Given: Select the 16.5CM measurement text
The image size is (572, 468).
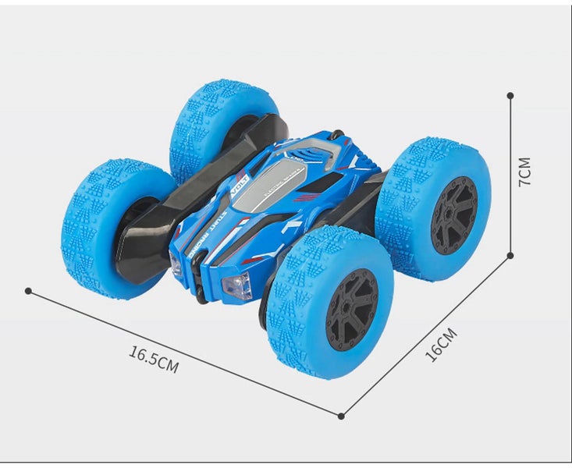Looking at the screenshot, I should (154, 360).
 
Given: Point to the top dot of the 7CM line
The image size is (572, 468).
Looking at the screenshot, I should (510, 95).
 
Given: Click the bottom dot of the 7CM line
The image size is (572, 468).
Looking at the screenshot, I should (510, 254).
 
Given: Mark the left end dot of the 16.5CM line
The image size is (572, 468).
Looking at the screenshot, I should (28, 291).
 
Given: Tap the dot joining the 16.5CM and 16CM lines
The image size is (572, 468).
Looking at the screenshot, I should (341, 416).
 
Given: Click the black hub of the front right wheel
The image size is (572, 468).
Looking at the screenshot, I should (351, 309).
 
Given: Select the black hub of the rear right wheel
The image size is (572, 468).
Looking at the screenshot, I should (453, 214).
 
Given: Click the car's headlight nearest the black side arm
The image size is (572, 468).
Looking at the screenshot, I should (176, 263).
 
